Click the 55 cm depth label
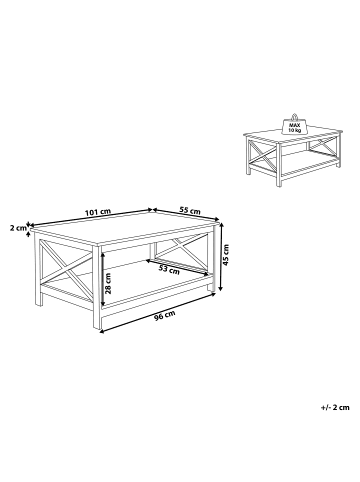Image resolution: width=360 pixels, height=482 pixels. pyautogui.click(x=190, y=212)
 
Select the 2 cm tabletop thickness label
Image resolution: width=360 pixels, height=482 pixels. pyautogui.click(x=17, y=227)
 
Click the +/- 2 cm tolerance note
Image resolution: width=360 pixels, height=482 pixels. pyautogui.click(x=334, y=408)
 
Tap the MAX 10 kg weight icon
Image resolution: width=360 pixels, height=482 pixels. pyautogui.click(x=296, y=123)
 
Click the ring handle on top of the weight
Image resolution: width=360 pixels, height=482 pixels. pyautogui.click(x=296, y=113)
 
